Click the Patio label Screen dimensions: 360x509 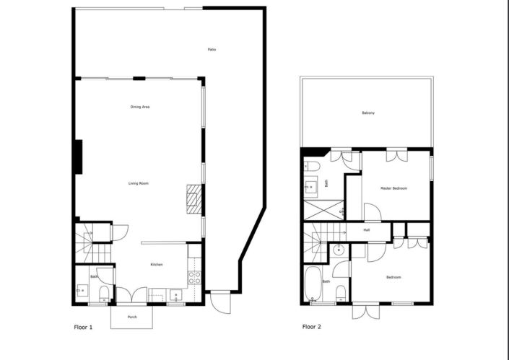pos(212,49)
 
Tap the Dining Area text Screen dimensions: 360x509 pos(140,107)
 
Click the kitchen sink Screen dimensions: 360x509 pos(175,295)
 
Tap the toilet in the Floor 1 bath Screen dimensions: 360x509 pos(104,292)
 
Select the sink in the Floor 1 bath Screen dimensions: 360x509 pos(82,291)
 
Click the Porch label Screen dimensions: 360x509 pos(132,317)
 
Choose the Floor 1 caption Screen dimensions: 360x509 pos(84,327)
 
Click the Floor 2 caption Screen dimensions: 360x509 pos(312,327)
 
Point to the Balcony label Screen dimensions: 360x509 pos(368,113)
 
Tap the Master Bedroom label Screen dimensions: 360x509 pos(393,188)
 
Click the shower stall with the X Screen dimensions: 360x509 pos(321,211)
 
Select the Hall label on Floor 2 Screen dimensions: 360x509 pos(367,230)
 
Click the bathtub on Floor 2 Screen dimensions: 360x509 pos(312,285)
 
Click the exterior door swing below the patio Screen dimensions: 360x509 pos(220,301)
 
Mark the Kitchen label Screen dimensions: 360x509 pos(156,265)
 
